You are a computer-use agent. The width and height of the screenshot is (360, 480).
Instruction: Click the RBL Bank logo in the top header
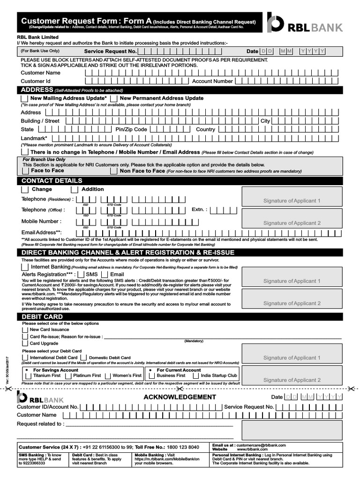pyautogui.click(x=305, y=23)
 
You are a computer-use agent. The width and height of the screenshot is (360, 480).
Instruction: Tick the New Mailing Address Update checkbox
pyautogui.click(x=24, y=98)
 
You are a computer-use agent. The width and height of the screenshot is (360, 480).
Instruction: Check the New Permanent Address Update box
pyautogui.click(x=114, y=98)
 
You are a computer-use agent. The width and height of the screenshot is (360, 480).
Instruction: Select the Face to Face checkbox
pyautogui.click(x=25, y=171)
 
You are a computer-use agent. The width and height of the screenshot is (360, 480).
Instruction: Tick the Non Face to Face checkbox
pyautogui.click(x=114, y=171)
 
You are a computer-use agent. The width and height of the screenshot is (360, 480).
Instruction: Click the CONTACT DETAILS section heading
pyautogui.click(x=52, y=181)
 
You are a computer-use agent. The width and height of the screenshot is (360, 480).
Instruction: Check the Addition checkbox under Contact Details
pyautogui.click(x=74, y=189)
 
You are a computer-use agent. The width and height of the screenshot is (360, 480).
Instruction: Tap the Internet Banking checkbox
pyautogui.click(x=25, y=267)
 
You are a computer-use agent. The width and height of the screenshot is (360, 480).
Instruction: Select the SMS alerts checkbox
pyautogui.click(x=81, y=274)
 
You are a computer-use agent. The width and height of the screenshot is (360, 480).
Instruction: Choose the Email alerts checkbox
pyautogui.click(x=105, y=274)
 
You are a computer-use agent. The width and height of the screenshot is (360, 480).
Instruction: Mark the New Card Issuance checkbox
pyautogui.click(x=25, y=330)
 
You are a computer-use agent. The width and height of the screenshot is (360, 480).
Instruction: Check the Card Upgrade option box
pyautogui.click(x=25, y=344)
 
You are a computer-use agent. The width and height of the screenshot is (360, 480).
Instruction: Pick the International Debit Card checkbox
pyautogui.click(x=25, y=358)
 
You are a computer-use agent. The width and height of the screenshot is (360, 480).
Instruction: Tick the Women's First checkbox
pyautogui.click(x=108, y=375)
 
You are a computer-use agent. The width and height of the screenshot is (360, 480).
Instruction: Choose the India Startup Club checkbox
pyautogui.click(x=196, y=375)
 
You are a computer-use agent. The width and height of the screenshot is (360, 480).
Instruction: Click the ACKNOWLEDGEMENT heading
pyautogui.click(x=180, y=397)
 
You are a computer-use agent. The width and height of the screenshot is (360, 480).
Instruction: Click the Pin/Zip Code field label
pyautogui.click(x=131, y=129)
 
